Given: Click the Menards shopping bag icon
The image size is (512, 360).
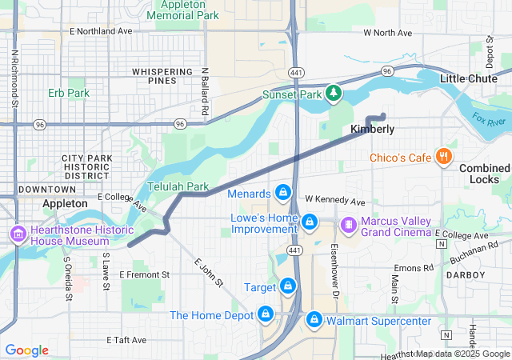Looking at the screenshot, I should tap(282, 193).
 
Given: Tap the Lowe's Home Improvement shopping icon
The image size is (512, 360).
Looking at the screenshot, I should tap(310, 220).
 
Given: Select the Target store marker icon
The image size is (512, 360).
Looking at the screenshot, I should tap(287, 286).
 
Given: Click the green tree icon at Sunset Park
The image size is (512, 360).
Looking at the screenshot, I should tap(334, 94).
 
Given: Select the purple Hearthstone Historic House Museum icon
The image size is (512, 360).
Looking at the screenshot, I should tap(16, 234).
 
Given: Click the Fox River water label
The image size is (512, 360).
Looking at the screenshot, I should tap(489, 120).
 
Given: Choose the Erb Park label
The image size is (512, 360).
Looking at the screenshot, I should tap(69, 93).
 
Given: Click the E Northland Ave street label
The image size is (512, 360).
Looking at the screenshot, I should tap(101, 31).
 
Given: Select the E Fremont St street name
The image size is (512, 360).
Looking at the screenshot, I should tap(145, 274).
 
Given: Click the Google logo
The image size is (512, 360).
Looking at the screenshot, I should tap(27, 350).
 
